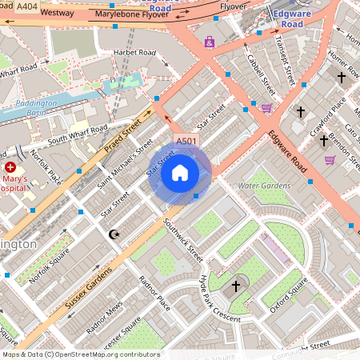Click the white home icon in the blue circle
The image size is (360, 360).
pos(180,172)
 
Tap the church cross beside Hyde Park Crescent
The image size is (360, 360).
pos(236,285)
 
